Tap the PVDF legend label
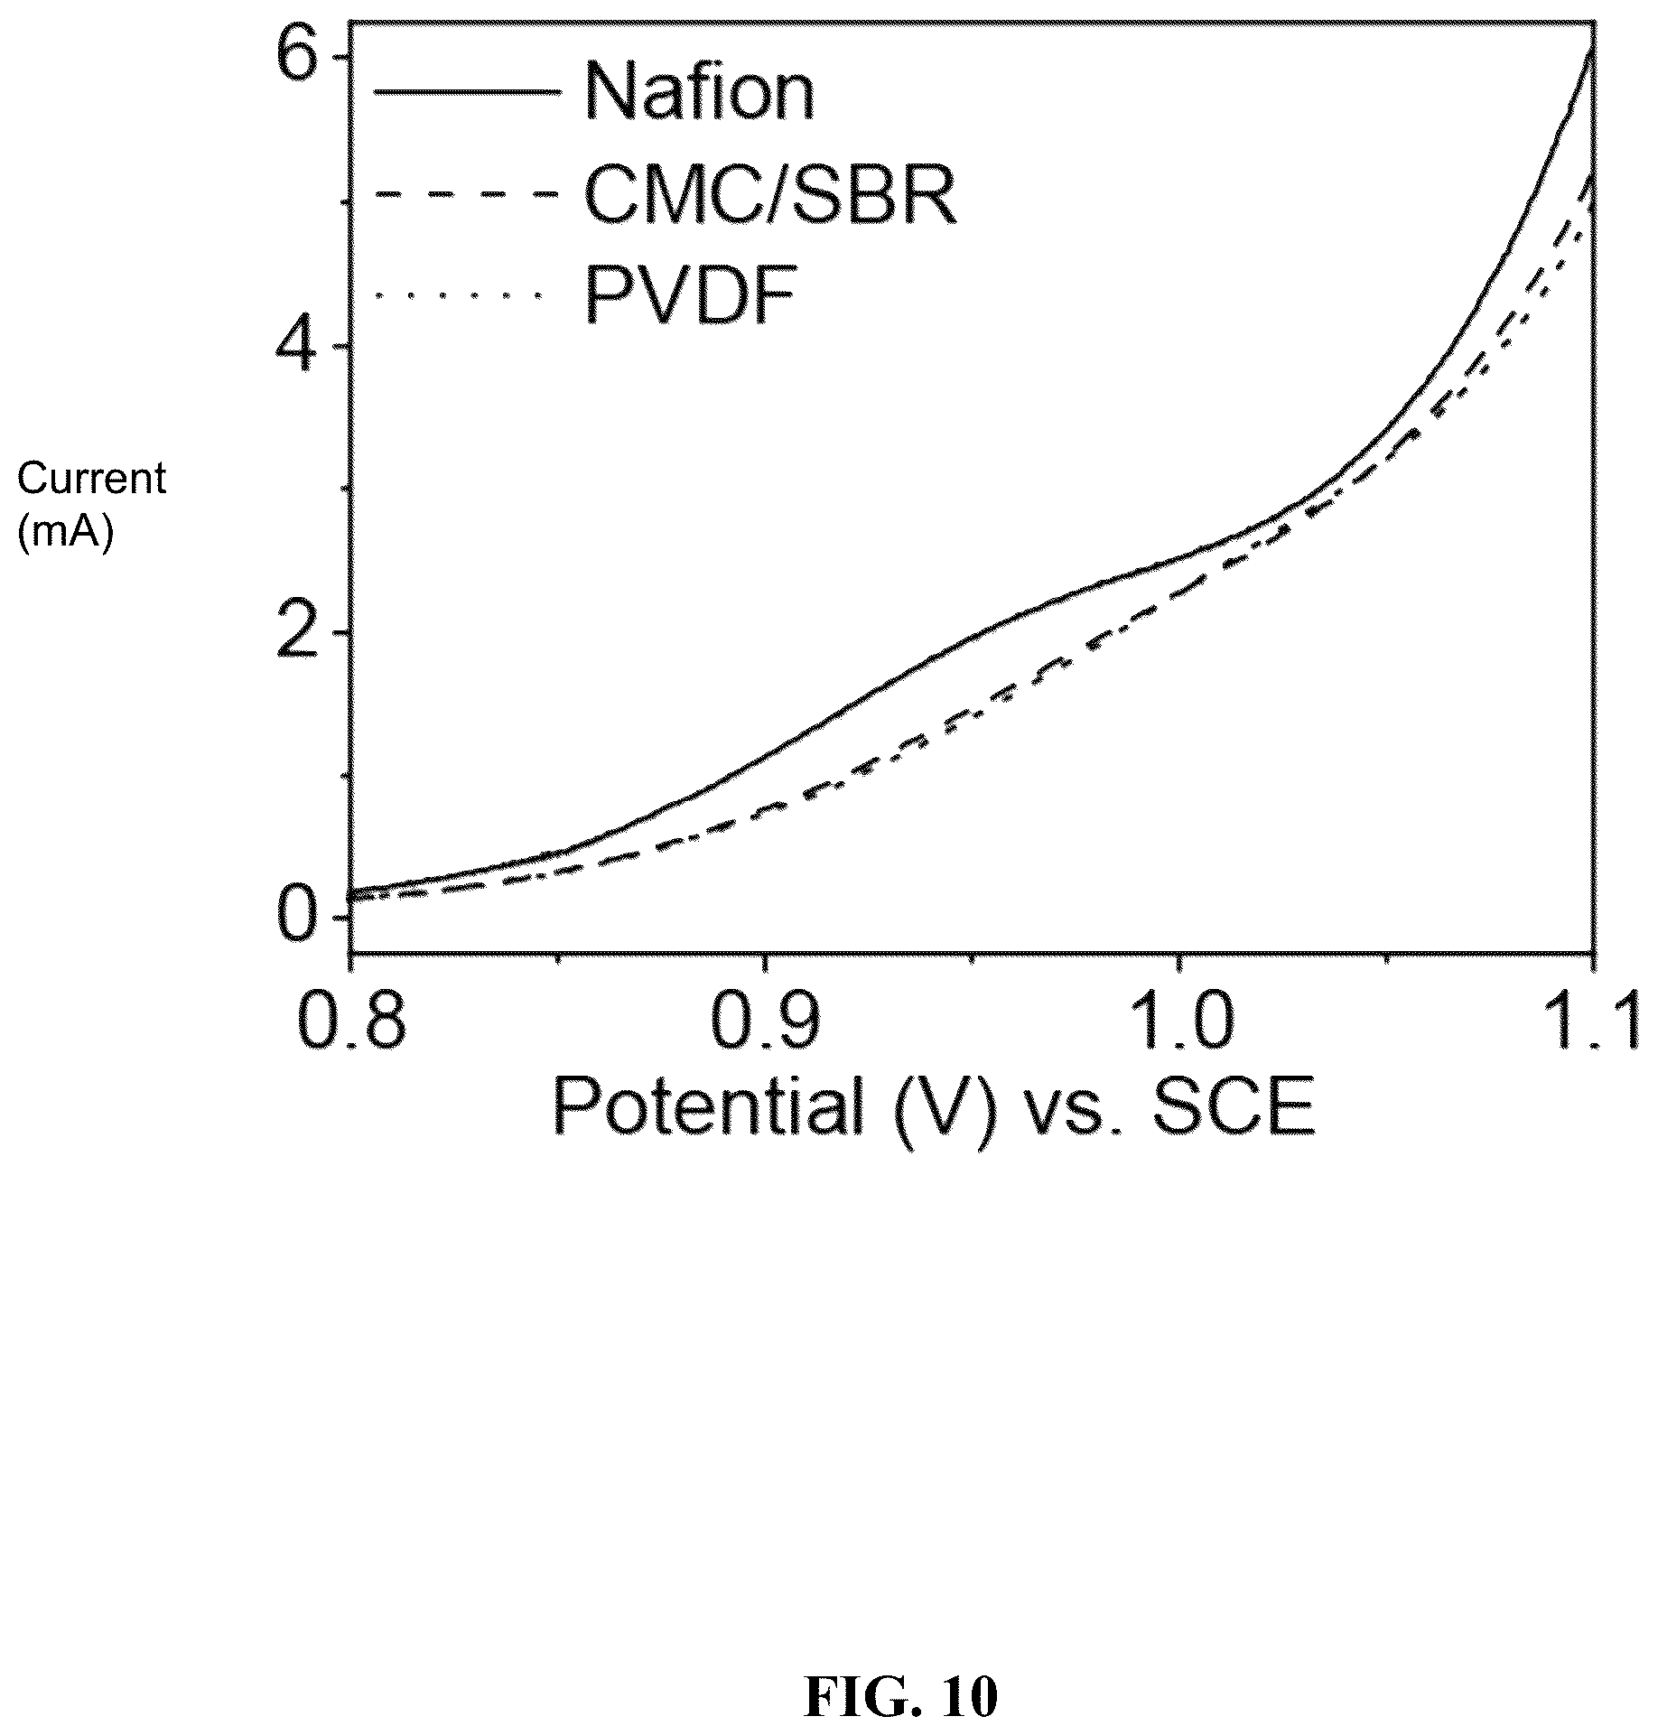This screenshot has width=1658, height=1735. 691,294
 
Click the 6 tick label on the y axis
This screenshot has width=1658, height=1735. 300,58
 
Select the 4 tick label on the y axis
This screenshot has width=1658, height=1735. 299,346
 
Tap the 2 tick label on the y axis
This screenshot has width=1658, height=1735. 300,632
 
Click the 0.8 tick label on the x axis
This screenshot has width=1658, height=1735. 350,1021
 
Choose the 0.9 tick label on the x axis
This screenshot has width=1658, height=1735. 765,1021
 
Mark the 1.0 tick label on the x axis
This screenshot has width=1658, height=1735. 1178,1021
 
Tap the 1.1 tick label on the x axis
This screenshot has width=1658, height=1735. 1591,1021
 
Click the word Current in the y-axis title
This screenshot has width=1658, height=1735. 91,479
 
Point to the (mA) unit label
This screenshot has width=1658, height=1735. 66,534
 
